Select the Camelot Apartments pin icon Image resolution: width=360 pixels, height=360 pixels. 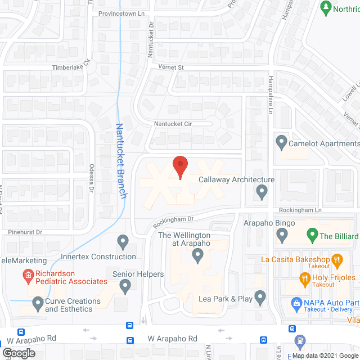(281, 140)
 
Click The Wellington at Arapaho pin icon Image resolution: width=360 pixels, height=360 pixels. (197, 256)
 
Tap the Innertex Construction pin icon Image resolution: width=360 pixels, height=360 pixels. (123, 242)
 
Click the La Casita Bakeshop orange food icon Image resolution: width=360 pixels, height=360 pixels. (337, 260)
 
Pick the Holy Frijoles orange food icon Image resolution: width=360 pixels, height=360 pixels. (304, 278)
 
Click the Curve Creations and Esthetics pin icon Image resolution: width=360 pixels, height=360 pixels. (37, 304)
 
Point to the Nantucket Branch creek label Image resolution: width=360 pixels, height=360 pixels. (120, 160)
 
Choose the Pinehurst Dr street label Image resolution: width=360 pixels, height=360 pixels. (25, 231)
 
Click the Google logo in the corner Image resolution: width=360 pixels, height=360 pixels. (19, 353)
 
